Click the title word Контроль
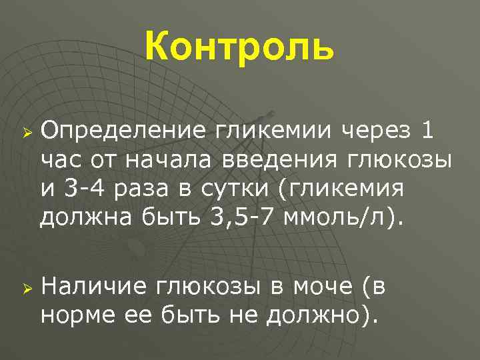coord(239,47)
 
